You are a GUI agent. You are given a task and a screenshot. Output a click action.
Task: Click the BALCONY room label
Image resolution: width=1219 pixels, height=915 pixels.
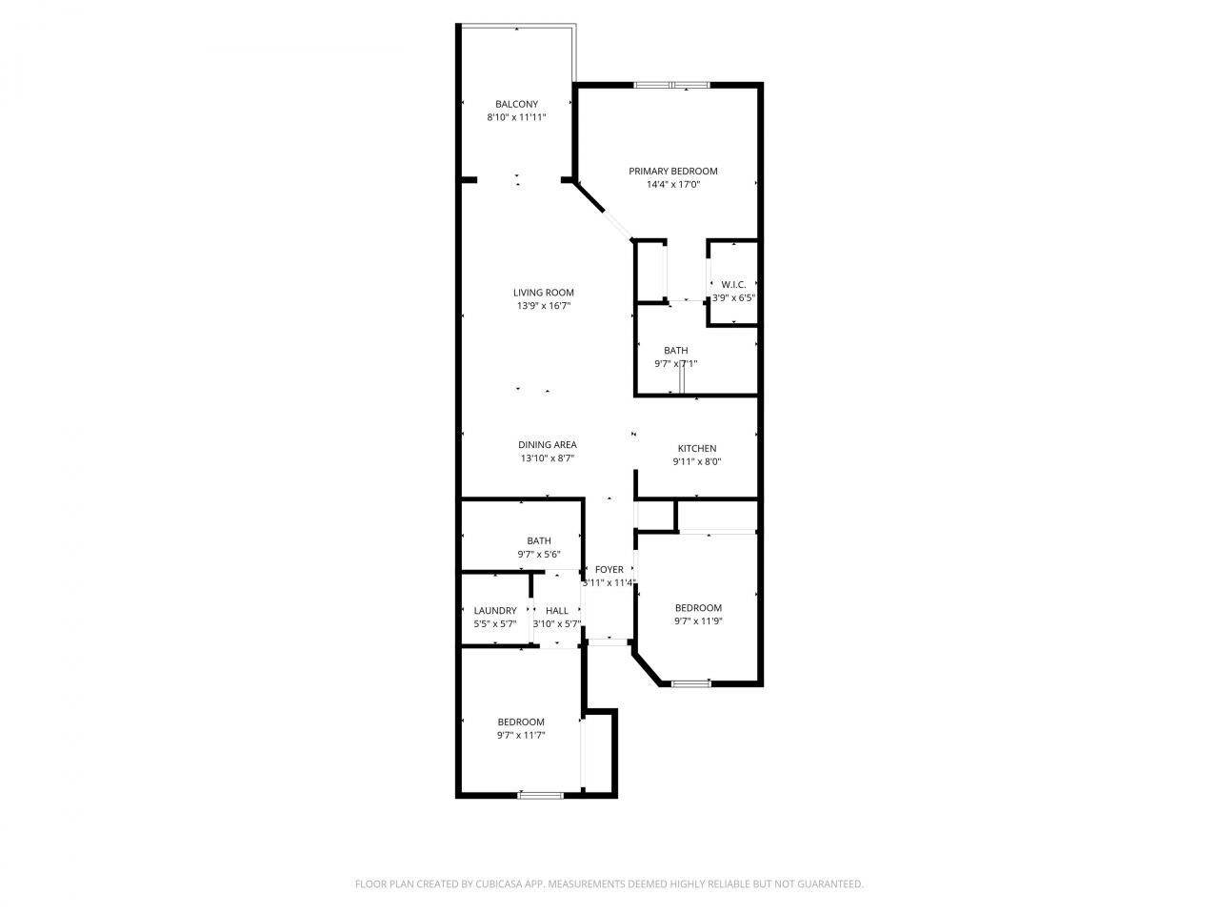tap(516, 104)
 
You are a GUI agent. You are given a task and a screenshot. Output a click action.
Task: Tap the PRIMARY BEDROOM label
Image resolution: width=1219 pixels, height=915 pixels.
tap(672, 172)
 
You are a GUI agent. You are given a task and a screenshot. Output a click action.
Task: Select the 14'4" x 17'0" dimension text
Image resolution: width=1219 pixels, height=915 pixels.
tap(672, 185)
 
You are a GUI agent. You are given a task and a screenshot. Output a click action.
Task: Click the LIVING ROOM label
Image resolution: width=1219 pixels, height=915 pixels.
tap(544, 293)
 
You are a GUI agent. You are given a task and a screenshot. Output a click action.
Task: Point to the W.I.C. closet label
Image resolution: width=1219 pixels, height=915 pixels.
tap(733, 284)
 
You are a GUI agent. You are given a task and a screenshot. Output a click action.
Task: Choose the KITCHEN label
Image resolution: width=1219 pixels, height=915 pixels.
tap(696, 449)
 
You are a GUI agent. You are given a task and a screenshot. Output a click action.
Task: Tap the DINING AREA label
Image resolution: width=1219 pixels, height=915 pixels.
tap(547, 445)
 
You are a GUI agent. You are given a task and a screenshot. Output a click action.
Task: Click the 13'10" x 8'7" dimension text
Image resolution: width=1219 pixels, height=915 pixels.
tap(547, 458)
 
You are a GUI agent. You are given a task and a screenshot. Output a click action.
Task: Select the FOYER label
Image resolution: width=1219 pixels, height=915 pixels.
tap(609, 570)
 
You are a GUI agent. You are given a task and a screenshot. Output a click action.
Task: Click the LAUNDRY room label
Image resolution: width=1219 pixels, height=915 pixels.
tap(495, 611)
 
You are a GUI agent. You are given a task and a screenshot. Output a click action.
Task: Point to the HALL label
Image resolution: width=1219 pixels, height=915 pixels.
tap(557, 611)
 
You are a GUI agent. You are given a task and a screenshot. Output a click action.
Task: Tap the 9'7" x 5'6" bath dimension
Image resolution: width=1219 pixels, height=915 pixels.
tap(538, 554)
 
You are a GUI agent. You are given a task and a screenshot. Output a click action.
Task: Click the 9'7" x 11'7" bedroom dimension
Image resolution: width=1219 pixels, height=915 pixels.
tap(520, 735)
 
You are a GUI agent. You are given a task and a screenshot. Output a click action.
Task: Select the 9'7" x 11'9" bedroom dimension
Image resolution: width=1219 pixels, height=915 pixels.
tap(698, 620)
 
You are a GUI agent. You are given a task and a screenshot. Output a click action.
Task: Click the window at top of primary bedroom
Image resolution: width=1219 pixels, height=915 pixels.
tap(672, 86)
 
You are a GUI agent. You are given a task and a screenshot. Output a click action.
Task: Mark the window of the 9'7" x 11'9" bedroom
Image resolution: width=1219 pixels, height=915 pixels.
tap(691, 683)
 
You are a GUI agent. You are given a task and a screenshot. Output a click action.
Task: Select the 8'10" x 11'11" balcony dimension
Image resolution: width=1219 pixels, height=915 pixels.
tap(516, 117)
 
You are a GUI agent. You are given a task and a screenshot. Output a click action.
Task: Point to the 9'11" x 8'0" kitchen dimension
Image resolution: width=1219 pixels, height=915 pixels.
tap(696, 462)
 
